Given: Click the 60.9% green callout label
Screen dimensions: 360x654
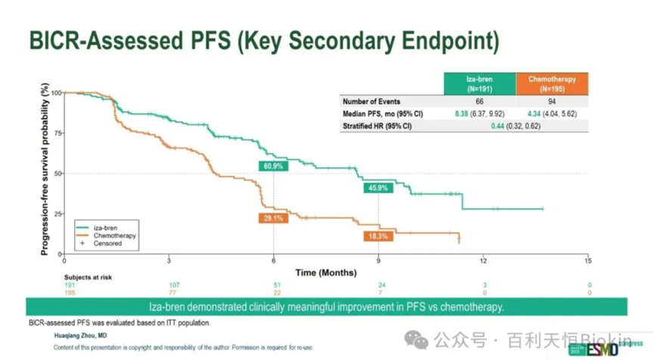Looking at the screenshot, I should pos(274,166).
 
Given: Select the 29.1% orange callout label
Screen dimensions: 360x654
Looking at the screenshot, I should pos(274,218).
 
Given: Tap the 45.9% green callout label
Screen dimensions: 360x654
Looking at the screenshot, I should pos(378,188).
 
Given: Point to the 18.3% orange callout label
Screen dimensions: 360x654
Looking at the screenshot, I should pos(378,237).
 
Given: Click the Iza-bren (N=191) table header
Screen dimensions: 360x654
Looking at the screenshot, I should pos(480,83).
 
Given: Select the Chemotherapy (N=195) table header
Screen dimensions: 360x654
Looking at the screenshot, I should pos(551,83).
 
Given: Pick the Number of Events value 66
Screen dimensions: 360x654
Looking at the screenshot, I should pos(480,101).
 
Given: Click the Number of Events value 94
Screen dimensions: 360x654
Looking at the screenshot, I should pos(551,101).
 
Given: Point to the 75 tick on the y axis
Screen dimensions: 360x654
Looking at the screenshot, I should pos(56,132).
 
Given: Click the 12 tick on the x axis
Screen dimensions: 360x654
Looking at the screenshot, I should pos(483,261).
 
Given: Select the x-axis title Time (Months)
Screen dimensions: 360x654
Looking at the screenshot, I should pos(326,272).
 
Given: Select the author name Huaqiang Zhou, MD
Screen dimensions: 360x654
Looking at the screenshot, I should pos(80,334).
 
